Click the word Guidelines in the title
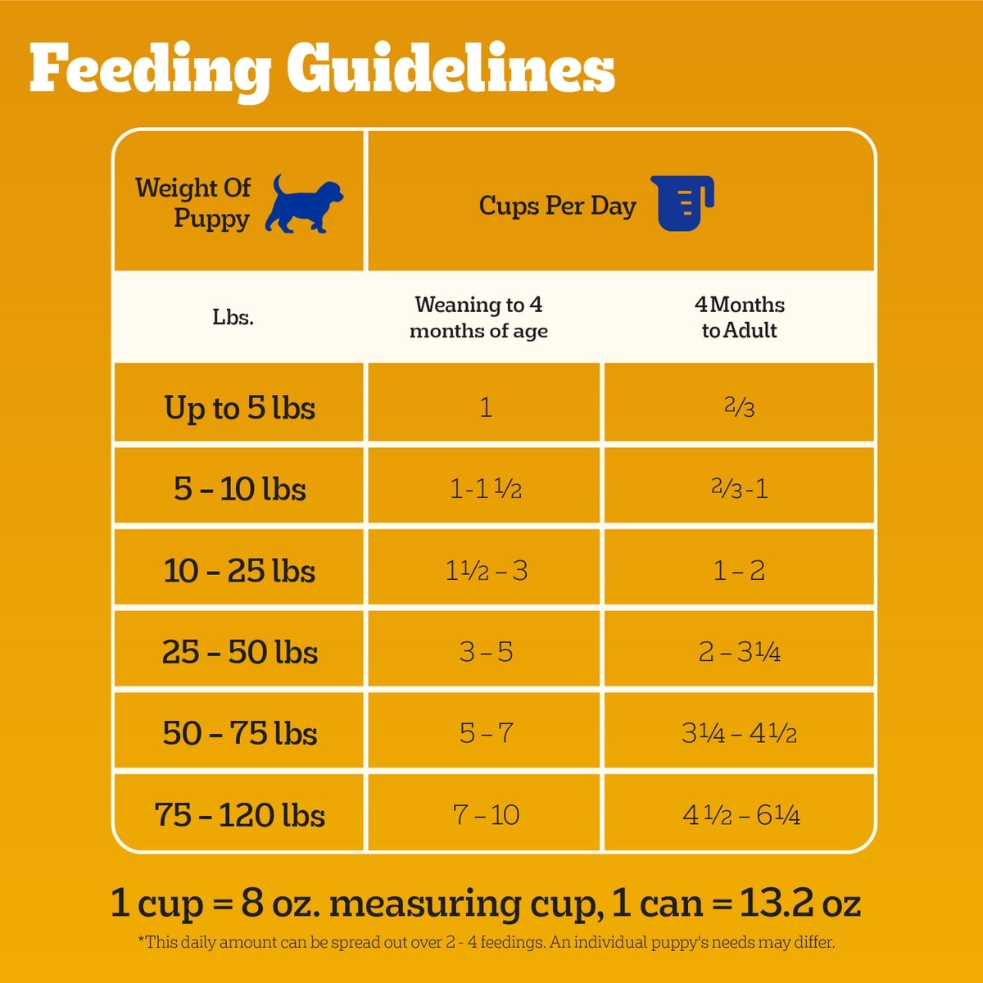click(x=451, y=70)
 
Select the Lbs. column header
click(x=233, y=317)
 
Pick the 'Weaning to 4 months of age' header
click(x=479, y=317)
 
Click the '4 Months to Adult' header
click(x=740, y=317)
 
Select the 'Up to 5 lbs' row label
click(x=239, y=408)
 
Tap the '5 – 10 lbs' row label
click(x=239, y=489)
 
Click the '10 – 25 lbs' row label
click(x=239, y=571)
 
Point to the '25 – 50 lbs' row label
click(x=239, y=652)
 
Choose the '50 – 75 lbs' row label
click(x=239, y=733)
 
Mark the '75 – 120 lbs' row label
click(x=239, y=815)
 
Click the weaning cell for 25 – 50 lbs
click(x=486, y=652)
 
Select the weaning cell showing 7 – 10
click(x=486, y=815)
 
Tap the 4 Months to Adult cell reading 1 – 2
click(x=739, y=571)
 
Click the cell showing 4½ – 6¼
click(x=741, y=815)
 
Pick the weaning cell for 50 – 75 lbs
click(x=486, y=733)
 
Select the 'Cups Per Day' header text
click(x=557, y=206)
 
